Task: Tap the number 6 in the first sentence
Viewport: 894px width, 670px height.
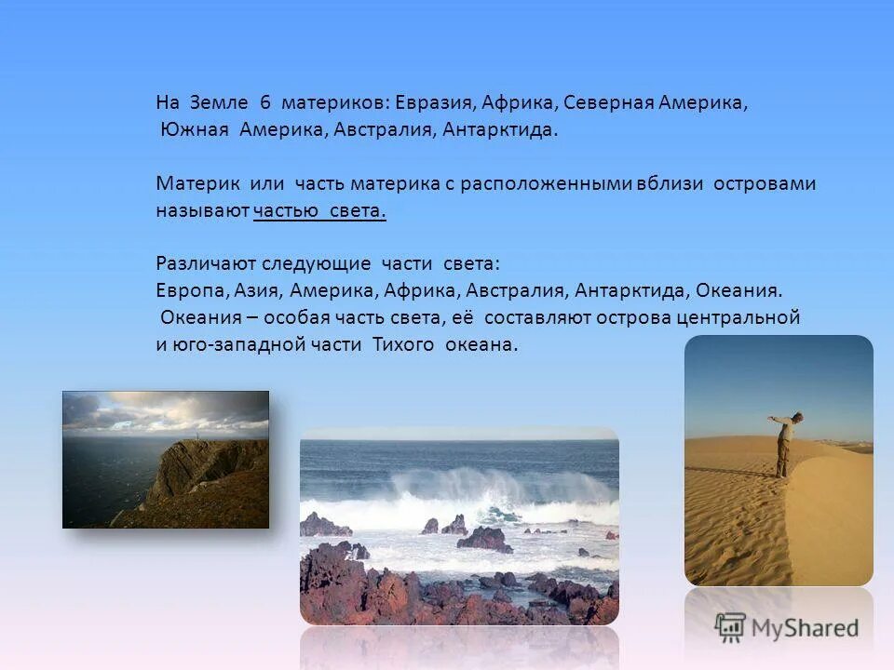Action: click(264, 103)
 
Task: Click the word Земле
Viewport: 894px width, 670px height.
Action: click(222, 103)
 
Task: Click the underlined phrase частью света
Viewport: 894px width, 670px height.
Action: click(319, 211)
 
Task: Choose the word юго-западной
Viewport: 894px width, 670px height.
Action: click(229, 344)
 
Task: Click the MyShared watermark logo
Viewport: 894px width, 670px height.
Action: click(787, 626)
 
